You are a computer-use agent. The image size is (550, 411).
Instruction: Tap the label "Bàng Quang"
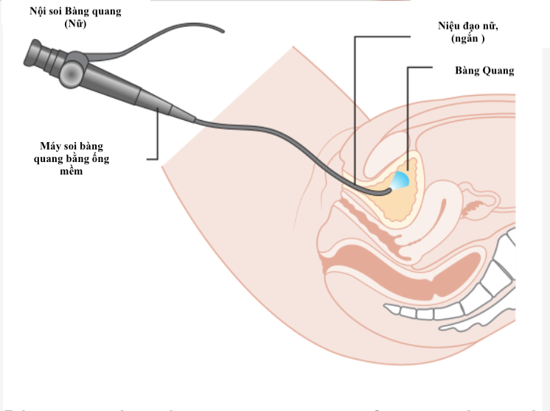click(484, 71)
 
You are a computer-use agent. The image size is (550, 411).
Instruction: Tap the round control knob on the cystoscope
click(72, 72)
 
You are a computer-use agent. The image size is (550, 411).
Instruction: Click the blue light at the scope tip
click(400, 180)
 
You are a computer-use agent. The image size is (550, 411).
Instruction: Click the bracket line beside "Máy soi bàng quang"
click(157, 140)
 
